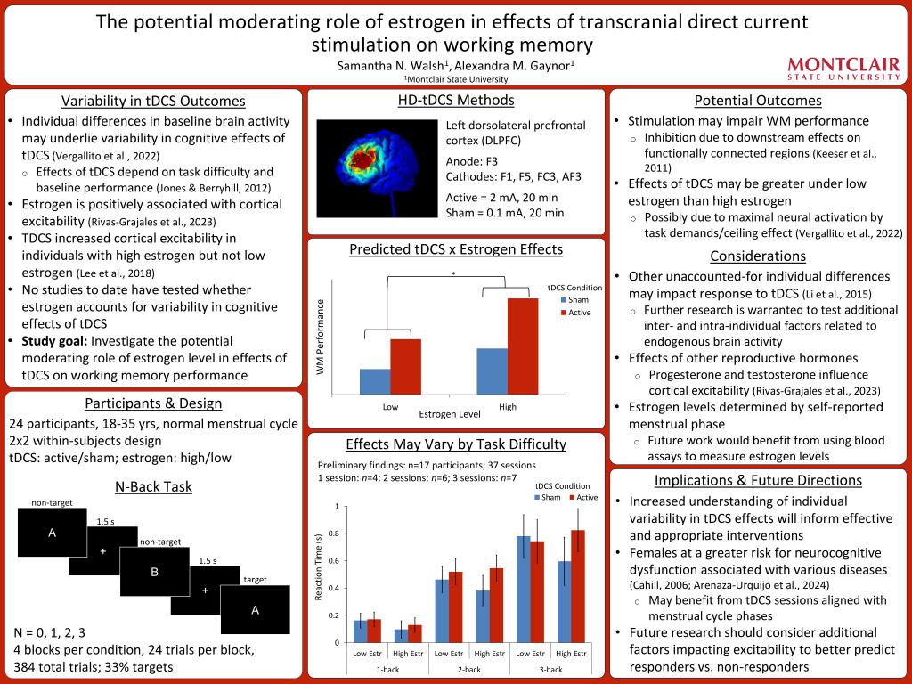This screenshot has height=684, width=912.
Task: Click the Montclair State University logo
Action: point(844,69)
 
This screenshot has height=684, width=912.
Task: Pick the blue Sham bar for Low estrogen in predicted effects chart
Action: point(374,381)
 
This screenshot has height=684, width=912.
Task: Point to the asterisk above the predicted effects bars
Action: point(452,273)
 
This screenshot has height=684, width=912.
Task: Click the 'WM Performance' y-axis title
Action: point(321,338)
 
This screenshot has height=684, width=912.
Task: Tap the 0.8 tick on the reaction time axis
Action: point(335,533)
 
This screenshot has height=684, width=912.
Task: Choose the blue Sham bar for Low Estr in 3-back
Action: point(523,589)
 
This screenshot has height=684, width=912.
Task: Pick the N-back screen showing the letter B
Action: point(154,572)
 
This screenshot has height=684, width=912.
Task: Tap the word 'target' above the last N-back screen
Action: point(255,579)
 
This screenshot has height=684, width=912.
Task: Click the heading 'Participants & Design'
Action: point(153,403)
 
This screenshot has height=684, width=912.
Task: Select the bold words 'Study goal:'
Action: point(53,341)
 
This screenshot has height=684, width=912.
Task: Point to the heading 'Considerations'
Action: point(757,256)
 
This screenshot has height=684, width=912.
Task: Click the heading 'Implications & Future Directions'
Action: point(757,480)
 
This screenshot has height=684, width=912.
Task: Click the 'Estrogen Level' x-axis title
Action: point(450,414)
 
